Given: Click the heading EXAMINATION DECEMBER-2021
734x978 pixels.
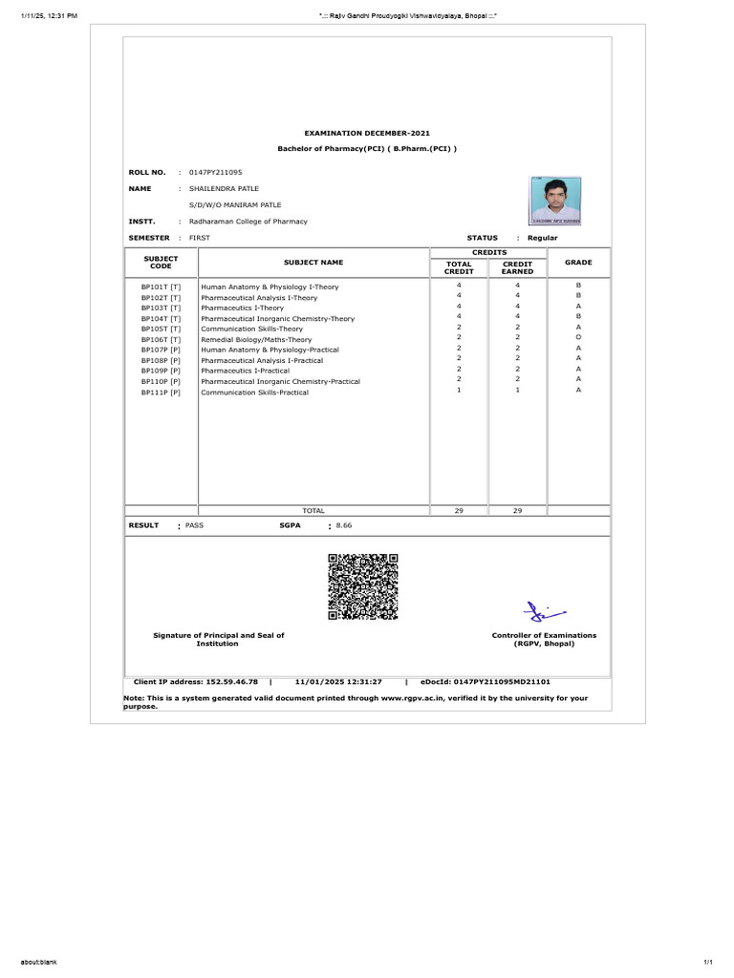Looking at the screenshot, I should point(367,133).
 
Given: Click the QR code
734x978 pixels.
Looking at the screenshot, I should point(362,586).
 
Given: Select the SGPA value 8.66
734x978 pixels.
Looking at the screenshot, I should point(345,525).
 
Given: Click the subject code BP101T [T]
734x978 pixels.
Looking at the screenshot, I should point(161,287).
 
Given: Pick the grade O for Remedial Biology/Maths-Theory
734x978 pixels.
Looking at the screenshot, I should point(578,338).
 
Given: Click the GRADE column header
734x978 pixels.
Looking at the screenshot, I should point(578,262).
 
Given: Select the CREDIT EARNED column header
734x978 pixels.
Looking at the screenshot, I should point(517,266).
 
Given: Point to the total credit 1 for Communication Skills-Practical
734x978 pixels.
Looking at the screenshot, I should point(459,390).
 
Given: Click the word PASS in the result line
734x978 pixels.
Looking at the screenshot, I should point(194,525).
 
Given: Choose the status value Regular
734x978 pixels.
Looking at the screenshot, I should point(542,237).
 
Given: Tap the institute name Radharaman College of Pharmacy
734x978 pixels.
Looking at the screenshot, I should point(248,221).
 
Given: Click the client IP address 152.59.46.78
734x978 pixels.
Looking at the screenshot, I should point(233,682).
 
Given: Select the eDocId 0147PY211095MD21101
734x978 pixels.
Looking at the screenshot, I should point(511,682).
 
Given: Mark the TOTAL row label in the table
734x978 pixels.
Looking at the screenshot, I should point(313,511).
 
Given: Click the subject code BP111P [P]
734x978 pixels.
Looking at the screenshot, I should point(161,392).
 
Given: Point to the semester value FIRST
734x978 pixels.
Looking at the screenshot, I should point(199,237).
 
